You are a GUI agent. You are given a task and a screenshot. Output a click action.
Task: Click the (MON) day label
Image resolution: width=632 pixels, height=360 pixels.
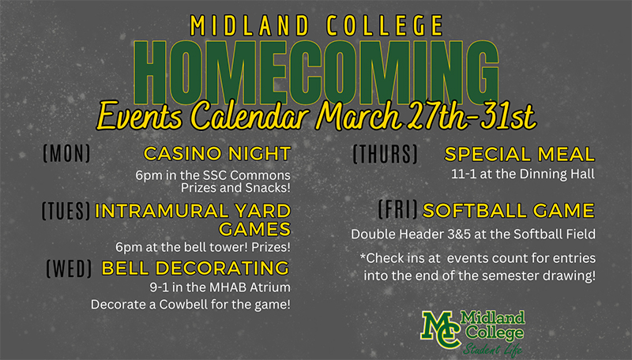(66, 153)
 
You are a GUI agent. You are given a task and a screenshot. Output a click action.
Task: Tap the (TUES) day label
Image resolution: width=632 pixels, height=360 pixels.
(66, 211)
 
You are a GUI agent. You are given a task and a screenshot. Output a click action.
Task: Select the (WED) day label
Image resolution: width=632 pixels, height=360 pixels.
(70, 268)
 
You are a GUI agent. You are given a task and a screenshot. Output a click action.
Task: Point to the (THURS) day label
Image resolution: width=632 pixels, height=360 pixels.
(386, 154)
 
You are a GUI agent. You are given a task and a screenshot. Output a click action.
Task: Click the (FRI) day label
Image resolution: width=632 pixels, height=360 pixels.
(398, 209)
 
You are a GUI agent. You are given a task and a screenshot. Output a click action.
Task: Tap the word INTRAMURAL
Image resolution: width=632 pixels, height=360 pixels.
(162, 211)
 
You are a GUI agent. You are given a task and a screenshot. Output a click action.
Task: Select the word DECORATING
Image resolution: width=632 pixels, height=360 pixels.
(223, 268)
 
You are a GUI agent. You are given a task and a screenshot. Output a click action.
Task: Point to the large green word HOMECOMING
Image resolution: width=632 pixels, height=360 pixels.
(317, 73)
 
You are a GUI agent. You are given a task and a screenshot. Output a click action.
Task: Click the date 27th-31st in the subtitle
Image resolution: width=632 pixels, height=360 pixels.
(471, 115)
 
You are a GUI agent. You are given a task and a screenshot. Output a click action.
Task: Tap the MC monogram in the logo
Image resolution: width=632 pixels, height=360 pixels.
(442, 328)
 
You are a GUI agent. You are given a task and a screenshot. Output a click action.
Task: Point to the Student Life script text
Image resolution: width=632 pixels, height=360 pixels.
(492, 349)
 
